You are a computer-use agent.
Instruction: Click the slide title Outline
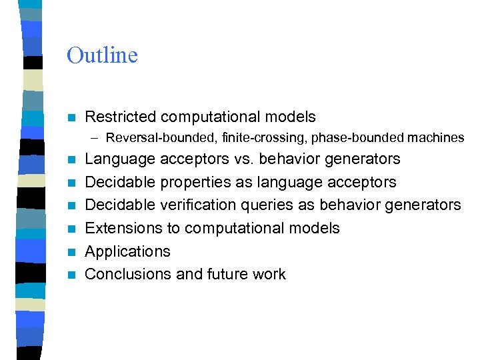point(102,55)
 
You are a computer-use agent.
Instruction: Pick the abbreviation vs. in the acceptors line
point(244,159)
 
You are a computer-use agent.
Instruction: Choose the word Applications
point(128,251)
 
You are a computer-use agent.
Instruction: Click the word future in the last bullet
point(226,274)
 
